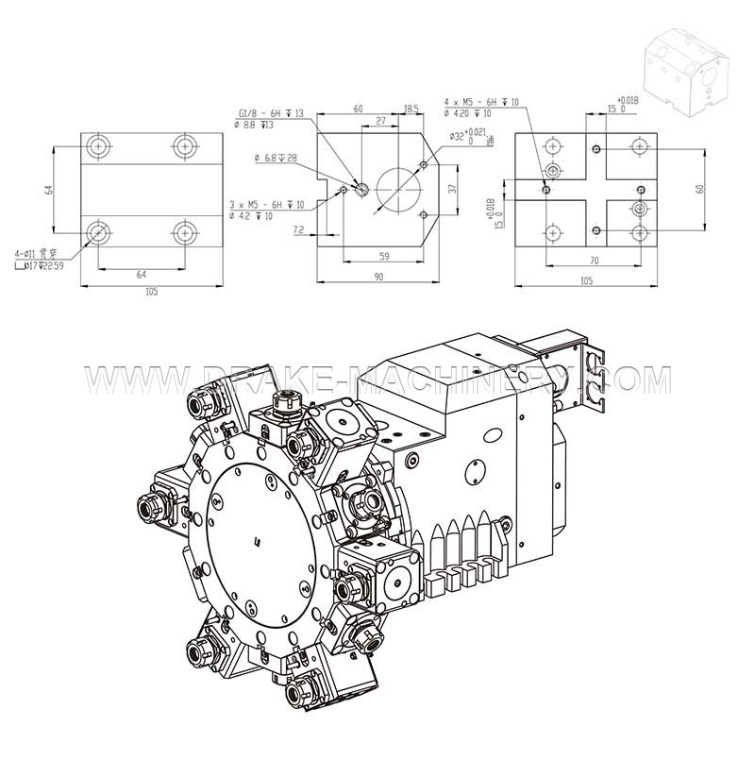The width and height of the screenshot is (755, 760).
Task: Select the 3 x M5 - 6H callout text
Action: point(267,205)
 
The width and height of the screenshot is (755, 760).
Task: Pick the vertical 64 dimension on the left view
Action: point(50,189)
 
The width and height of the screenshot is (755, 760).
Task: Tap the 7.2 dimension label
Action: point(298,229)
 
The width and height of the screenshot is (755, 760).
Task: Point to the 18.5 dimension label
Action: point(411,109)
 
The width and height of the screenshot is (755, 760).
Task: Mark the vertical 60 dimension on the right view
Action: point(699,188)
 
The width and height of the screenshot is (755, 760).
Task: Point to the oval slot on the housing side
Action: point(476,469)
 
